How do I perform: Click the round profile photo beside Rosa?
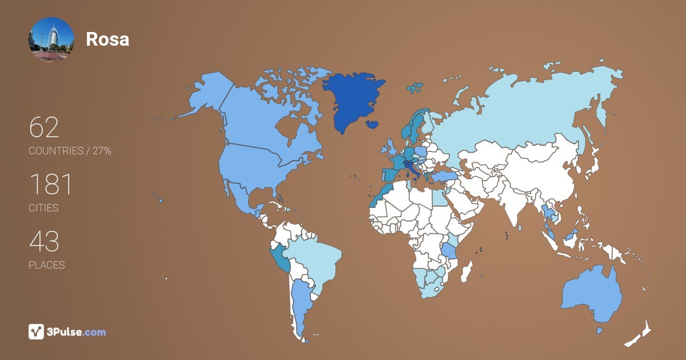[x=51, y=39]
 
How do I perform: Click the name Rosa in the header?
[x=107, y=39]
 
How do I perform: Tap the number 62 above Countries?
[x=44, y=128]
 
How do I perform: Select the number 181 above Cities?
[x=50, y=185]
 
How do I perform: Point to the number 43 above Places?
[x=44, y=242]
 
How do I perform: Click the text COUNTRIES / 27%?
[x=70, y=151]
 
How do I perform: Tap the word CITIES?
[x=43, y=208]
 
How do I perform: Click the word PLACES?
[x=46, y=265]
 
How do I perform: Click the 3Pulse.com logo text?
[x=77, y=332]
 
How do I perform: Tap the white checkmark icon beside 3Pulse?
[x=36, y=331]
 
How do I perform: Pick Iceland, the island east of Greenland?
[x=373, y=123]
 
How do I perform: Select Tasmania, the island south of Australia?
[x=600, y=331]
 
